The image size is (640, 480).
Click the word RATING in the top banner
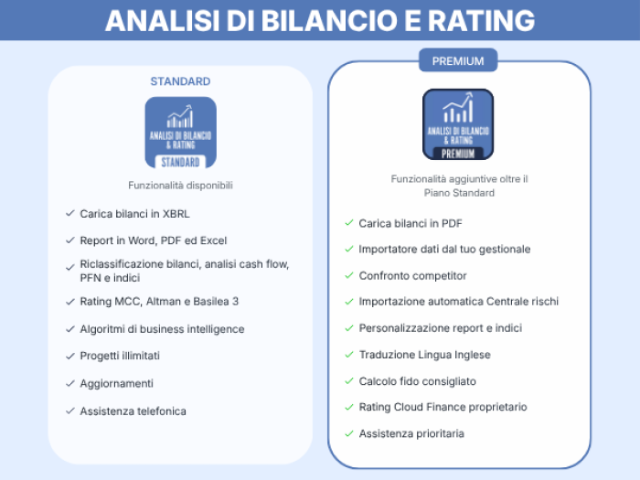(x=481, y=20)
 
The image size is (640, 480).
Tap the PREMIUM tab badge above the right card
(x=458, y=60)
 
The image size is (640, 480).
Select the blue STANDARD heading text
(x=180, y=81)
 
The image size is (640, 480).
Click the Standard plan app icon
(x=181, y=133)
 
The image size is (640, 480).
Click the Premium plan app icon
(x=458, y=124)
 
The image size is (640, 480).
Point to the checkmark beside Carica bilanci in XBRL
(x=70, y=213)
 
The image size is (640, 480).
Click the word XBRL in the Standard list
(x=176, y=214)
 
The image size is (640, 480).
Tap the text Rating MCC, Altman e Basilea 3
(x=159, y=302)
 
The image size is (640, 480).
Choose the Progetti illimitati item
(x=120, y=356)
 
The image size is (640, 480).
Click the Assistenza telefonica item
(x=133, y=411)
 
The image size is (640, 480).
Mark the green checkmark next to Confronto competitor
(x=349, y=275)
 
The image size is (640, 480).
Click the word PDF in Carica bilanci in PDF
(x=452, y=223)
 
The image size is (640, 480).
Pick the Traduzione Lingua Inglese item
(x=424, y=355)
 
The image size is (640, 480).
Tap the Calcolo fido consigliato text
(x=417, y=381)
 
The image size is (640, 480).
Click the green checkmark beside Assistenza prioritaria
(x=349, y=433)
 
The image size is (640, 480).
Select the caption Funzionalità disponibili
(x=180, y=186)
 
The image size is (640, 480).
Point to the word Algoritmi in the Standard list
(x=102, y=329)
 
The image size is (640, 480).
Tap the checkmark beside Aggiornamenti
(x=70, y=383)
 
